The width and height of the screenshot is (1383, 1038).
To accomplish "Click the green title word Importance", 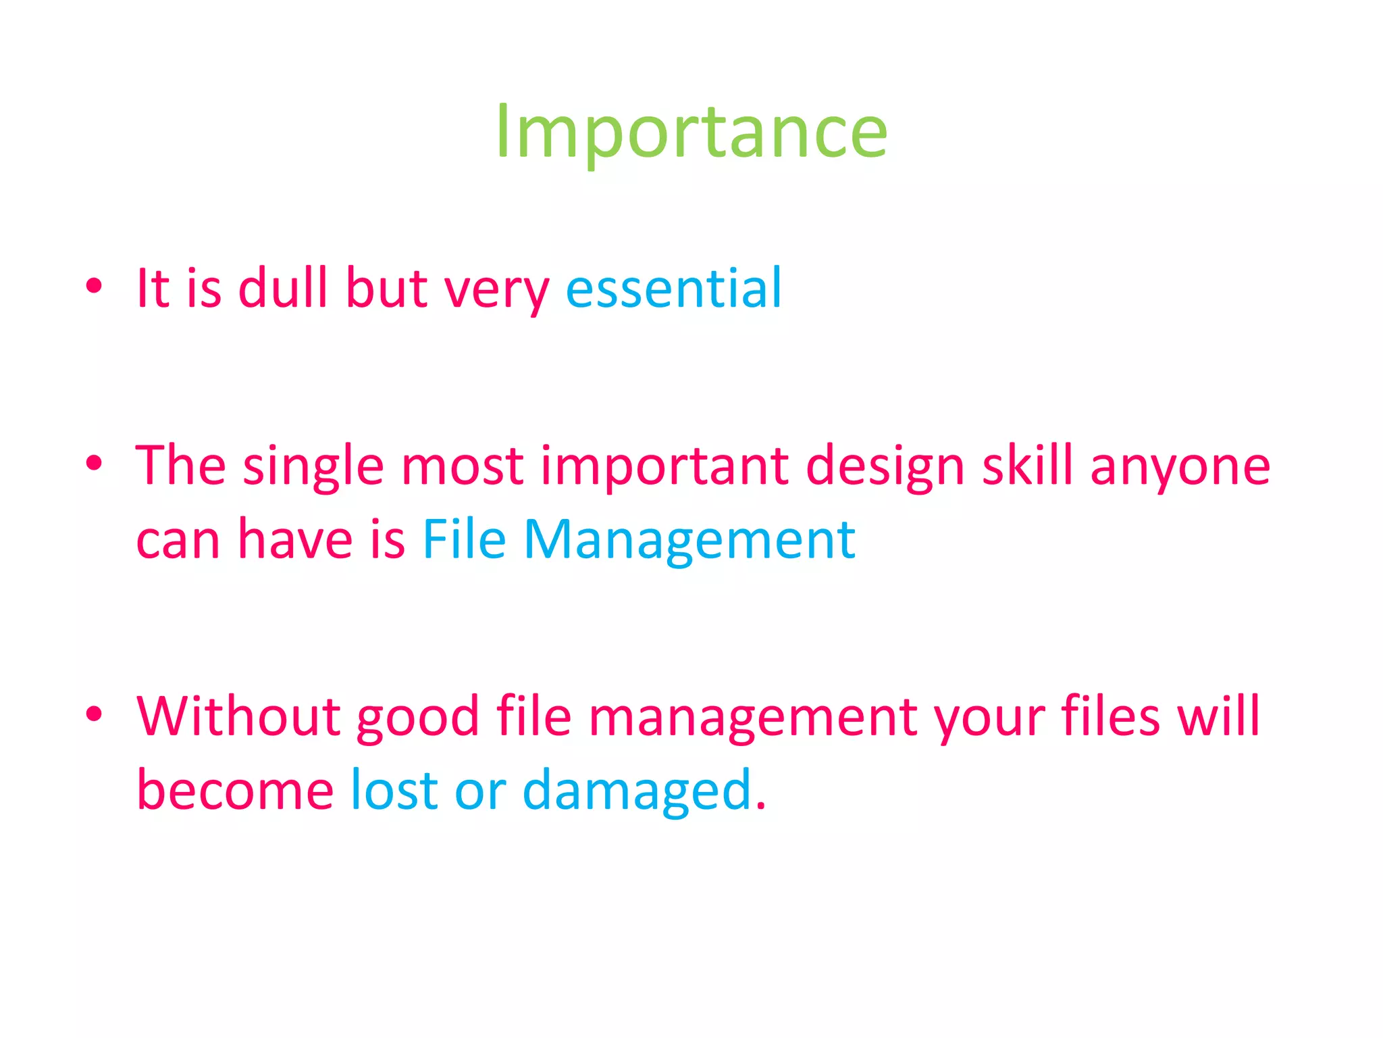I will pyautogui.click(x=691, y=132).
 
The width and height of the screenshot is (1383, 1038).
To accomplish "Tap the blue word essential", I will pyautogui.click(x=673, y=289).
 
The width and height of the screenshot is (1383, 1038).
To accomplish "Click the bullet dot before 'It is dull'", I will pyautogui.click(x=94, y=285).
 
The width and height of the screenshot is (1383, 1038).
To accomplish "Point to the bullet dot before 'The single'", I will pyautogui.click(x=94, y=463).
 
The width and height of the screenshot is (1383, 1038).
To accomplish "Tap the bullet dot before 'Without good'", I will pyautogui.click(x=94, y=713).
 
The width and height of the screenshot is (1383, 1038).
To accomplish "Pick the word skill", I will pyautogui.click(x=1027, y=466).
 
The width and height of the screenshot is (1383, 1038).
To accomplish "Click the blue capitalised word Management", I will pyautogui.click(x=689, y=541).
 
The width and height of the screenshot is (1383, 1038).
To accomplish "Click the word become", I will pyautogui.click(x=234, y=790).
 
